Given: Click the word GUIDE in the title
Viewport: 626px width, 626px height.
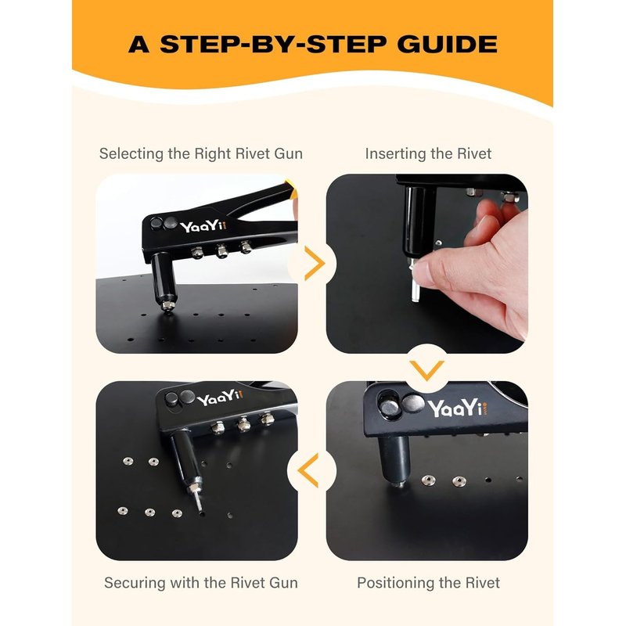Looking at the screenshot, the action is pyautogui.click(x=447, y=44).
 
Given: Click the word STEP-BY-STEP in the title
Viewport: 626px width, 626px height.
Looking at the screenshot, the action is pyautogui.click(x=273, y=44).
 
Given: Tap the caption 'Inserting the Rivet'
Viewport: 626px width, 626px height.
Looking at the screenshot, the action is pyautogui.click(x=428, y=153).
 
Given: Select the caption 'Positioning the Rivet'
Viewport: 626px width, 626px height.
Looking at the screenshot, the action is pyautogui.click(x=428, y=583).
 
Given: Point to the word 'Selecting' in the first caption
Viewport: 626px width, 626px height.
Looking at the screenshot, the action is pyautogui.click(x=131, y=154).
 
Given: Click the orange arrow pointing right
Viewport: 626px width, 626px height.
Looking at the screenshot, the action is pyautogui.click(x=315, y=263).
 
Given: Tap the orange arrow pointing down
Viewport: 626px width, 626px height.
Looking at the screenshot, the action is pyautogui.click(x=426, y=370).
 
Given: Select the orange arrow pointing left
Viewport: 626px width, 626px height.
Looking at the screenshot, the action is pyautogui.click(x=308, y=470).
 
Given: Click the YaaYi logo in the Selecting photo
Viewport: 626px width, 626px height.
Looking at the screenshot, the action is pyautogui.click(x=203, y=226).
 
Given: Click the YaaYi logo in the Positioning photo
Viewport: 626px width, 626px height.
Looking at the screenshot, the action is pyautogui.click(x=458, y=408).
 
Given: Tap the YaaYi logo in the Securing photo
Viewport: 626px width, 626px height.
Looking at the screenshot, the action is pyautogui.click(x=220, y=398).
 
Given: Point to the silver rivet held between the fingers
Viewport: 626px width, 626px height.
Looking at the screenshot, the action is pyautogui.click(x=415, y=282).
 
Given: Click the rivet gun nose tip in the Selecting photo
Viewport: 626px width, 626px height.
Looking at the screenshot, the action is pyautogui.click(x=168, y=307).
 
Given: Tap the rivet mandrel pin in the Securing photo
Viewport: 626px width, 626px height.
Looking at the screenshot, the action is pyautogui.click(x=197, y=502).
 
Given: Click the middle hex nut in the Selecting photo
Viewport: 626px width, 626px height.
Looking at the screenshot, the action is pyautogui.click(x=221, y=251).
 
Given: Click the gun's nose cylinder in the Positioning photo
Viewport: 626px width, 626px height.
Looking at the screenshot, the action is pyautogui.click(x=394, y=459).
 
